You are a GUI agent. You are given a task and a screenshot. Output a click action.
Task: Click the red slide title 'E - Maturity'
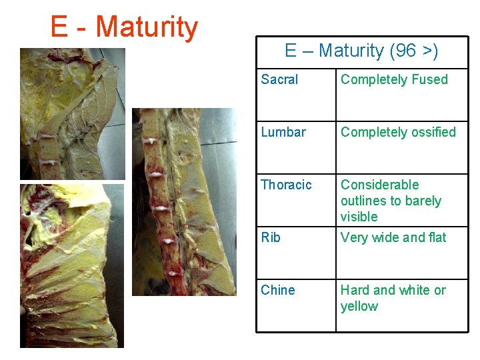point(124,27)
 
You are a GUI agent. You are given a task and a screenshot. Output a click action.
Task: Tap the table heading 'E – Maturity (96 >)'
point(361,51)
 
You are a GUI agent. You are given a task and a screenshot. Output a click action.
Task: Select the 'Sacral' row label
point(279,79)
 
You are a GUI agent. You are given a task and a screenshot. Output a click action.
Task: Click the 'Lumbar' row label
point(283,132)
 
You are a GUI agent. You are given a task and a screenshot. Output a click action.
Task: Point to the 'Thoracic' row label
point(286,185)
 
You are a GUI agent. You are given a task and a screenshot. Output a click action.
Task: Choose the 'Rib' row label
point(271,237)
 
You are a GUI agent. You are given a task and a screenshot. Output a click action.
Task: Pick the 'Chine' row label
point(279,290)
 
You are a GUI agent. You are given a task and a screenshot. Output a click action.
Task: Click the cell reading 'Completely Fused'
point(394,79)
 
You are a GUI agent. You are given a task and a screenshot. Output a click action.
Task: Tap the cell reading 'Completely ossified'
point(398,132)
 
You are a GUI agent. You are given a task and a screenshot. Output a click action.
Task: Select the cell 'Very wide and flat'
point(393,237)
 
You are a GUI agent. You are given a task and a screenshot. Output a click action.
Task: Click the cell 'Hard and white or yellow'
point(393,298)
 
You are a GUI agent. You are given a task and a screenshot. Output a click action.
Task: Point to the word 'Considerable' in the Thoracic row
point(379,185)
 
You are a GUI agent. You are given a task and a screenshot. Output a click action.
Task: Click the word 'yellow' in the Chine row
point(359,307)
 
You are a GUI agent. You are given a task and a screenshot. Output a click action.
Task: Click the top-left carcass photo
point(72,113)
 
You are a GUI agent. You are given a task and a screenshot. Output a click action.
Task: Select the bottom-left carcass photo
point(72,265)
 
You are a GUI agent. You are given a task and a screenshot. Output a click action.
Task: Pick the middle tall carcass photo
point(184,201)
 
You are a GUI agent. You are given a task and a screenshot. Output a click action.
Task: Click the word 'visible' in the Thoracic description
point(359,217)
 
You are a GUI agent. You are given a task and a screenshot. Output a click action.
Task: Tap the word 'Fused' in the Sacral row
point(430,79)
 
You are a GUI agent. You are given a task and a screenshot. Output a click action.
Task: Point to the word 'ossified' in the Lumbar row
point(433,132)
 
